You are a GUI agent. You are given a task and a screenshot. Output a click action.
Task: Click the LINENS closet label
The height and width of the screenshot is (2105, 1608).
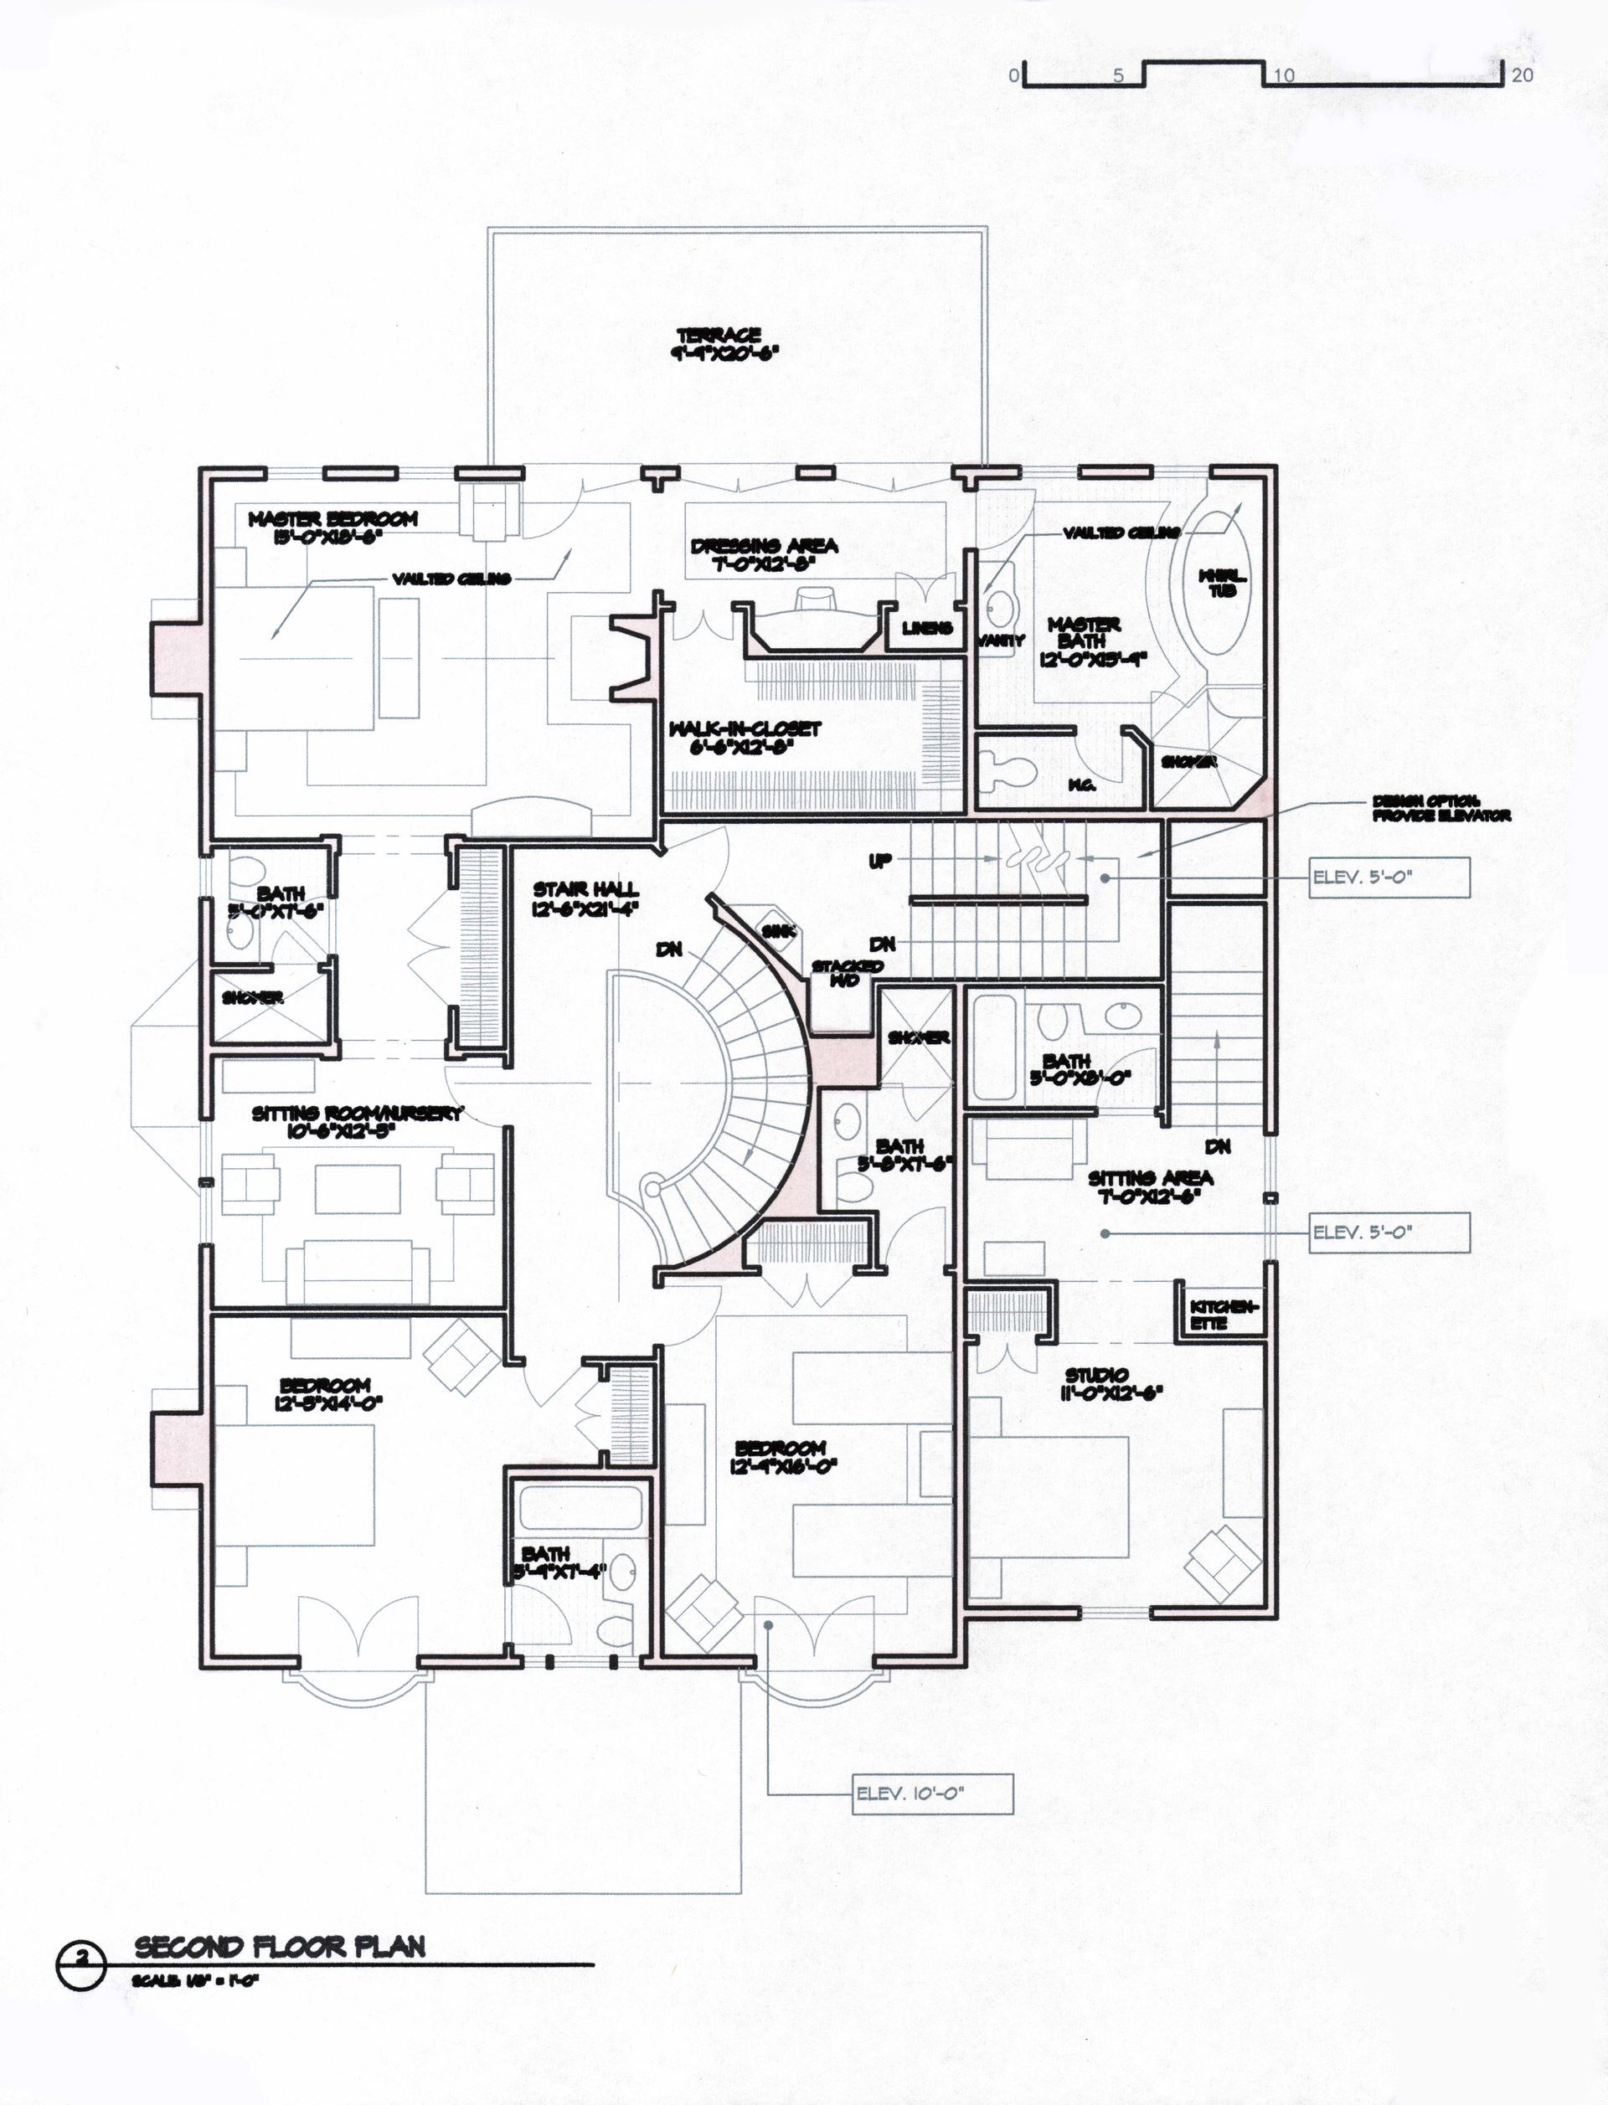click(x=926, y=629)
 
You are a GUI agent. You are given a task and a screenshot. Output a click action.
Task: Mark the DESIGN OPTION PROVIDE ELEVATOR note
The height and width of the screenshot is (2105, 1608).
click(x=1440, y=809)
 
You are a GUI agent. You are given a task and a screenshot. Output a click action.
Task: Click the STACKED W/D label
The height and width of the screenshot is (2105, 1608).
click(x=847, y=973)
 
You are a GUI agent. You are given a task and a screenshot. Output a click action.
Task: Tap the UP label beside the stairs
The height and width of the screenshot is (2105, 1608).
click(x=879, y=861)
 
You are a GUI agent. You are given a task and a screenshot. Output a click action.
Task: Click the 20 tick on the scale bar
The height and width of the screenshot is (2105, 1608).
click(x=1522, y=75)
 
